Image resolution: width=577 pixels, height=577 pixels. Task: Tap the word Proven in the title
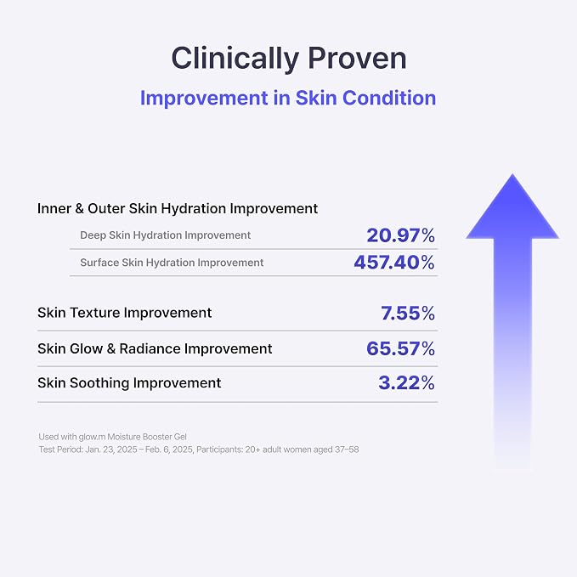(x=357, y=58)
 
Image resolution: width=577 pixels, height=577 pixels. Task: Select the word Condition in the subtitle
(x=389, y=98)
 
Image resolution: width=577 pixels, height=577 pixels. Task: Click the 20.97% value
(x=401, y=235)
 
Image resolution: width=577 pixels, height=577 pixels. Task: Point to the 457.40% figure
(x=394, y=263)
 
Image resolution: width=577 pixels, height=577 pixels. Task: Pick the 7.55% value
(x=408, y=314)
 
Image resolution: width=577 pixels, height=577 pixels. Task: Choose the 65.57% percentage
(x=401, y=348)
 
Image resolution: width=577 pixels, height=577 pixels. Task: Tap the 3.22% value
(x=407, y=382)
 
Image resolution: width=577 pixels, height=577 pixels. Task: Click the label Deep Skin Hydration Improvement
(x=165, y=235)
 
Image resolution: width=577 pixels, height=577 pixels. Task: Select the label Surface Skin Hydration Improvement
(x=172, y=263)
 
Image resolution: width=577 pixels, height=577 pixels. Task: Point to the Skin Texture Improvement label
(x=124, y=313)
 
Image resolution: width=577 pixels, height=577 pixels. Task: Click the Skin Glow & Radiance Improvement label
(x=155, y=348)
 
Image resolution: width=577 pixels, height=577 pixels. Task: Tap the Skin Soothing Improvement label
(x=129, y=383)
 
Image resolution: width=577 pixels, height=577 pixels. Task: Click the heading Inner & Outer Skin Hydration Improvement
(x=178, y=209)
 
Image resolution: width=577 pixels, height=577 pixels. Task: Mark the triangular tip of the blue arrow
(x=512, y=174)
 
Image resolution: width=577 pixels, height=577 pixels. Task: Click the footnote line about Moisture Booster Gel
(x=113, y=437)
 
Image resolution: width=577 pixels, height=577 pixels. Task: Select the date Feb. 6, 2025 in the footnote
(x=169, y=450)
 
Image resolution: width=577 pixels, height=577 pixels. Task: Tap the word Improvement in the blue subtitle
(x=204, y=99)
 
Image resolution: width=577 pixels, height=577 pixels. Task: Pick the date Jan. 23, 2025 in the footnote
(x=111, y=450)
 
